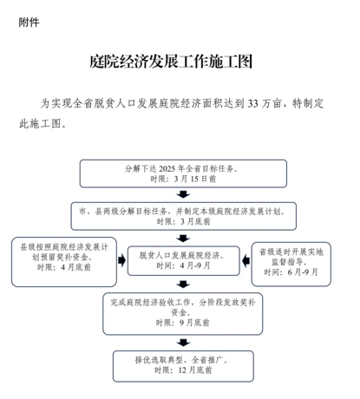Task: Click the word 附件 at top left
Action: click(29, 23)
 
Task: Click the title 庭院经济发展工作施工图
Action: click(171, 62)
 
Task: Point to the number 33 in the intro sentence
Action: click(252, 103)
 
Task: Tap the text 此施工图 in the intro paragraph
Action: click(40, 124)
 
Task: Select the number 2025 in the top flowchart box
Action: click(167, 169)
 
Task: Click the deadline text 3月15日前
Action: click(195, 179)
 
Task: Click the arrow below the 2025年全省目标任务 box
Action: click(183, 194)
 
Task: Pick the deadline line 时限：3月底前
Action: click(184, 221)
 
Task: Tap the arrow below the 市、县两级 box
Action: click(183, 239)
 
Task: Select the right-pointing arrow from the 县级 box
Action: click(122, 260)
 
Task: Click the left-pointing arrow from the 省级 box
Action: click(245, 261)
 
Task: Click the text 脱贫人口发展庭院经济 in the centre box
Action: click(180, 256)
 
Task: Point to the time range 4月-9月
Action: click(195, 265)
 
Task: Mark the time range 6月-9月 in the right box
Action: click(303, 271)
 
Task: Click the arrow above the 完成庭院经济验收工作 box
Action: click(183, 285)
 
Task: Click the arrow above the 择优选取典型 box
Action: click(183, 343)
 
